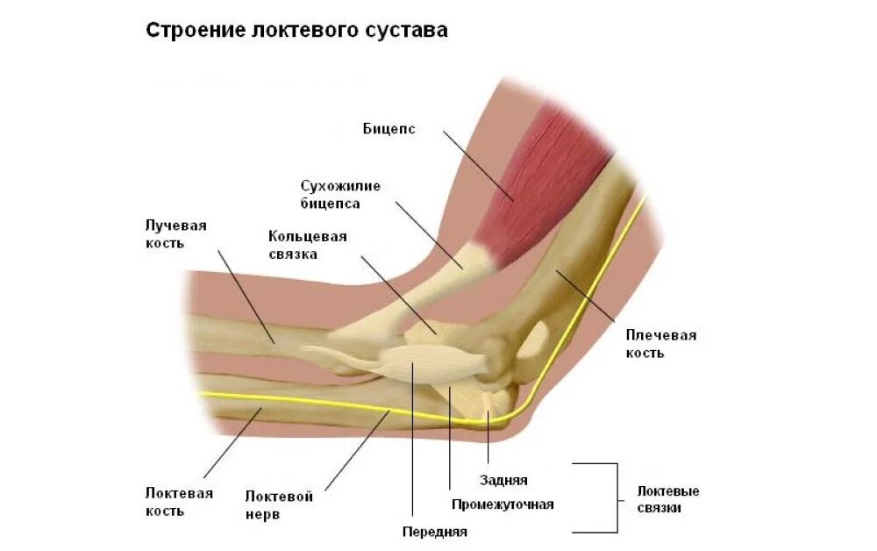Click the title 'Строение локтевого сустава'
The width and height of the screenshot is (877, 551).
pos(296,31)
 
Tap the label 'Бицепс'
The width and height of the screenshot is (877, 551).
pos(389,129)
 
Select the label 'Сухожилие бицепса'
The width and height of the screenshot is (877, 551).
pos(331,195)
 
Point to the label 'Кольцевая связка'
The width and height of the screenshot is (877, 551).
pos(307,245)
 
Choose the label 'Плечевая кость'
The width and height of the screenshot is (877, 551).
pos(660,344)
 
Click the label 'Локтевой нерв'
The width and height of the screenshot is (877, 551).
pos(279,505)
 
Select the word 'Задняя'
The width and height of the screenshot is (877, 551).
pos(503,480)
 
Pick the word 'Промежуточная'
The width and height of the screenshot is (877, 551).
pos(503,504)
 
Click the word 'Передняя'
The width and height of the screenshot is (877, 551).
pos(434,531)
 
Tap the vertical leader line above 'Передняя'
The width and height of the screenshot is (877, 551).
pos(412,439)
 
